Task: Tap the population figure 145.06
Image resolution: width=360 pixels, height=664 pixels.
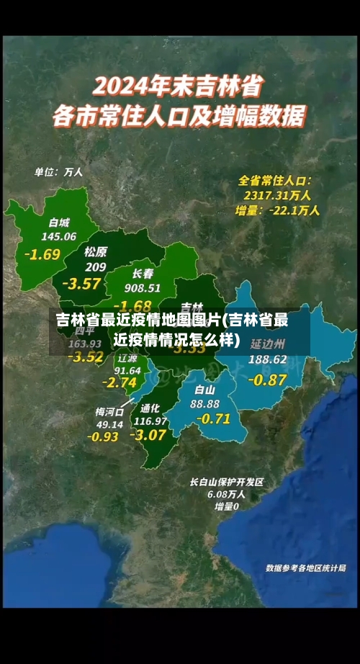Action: [59, 236]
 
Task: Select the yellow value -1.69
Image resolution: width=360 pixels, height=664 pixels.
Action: [42, 254]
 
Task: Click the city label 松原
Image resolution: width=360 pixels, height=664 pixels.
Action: [95, 251]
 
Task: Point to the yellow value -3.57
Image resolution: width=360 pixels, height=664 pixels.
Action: [81, 283]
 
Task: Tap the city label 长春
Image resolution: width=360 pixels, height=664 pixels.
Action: [143, 274]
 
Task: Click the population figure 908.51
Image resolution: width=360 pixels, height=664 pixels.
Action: [143, 288]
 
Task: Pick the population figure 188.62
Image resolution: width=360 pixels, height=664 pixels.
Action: [267, 359]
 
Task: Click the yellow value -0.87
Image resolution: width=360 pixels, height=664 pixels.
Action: [266, 380]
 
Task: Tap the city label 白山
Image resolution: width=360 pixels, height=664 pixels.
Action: [204, 390]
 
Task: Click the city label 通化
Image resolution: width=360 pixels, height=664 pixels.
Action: [150, 407]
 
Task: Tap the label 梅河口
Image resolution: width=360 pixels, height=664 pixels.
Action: [109, 412]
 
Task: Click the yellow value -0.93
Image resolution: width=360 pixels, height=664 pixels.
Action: [103, 436]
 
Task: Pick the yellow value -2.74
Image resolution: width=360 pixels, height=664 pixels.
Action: [120, 382]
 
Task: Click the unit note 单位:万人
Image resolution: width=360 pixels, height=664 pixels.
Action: [59, 172]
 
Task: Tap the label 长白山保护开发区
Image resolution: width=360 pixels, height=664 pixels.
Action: [227, 482]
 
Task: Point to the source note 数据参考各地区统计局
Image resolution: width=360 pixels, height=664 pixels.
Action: [305, 567]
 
